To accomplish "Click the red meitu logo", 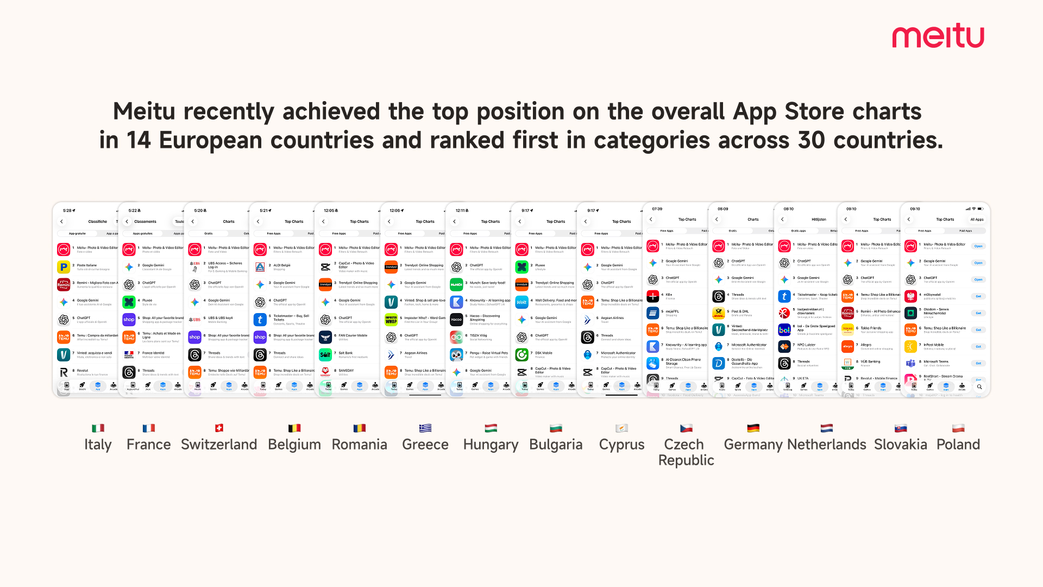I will click(938, 36).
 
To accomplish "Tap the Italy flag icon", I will click(98, 428).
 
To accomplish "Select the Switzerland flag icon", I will click(219, 428).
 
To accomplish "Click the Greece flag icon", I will click(425, 428).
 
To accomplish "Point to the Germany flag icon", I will click(753, 428).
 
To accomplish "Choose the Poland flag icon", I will click(958, 428).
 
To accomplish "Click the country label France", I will click(148, 445).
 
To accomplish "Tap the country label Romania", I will click(359, 445).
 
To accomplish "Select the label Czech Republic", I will click(686, 452).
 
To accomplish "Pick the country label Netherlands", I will click(826, 445).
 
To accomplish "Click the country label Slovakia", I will click(900, 445).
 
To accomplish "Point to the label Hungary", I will click(491, 445).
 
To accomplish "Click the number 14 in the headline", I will click(139, 140).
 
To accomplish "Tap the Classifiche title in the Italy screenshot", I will click(98, 222).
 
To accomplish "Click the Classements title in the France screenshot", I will click(145, 222).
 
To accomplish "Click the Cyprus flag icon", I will click(621, 428).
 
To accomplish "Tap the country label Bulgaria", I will click(556, 445).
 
